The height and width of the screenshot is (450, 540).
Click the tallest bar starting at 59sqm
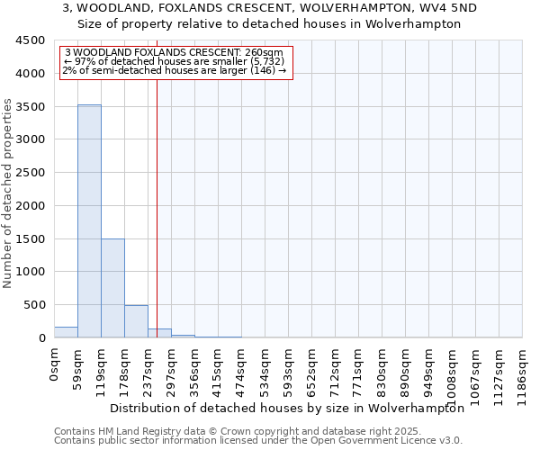[x=89, y=220]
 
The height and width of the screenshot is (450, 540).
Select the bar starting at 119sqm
[x=112, y=288]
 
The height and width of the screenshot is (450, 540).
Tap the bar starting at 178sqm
[x=136, y=321]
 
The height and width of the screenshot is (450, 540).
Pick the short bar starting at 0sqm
[x=66, y=332]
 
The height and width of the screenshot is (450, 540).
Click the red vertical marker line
[x=157, y=198]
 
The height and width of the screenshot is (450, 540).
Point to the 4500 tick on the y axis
[x=31, y=40]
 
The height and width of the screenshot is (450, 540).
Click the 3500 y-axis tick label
[x=31, y=106]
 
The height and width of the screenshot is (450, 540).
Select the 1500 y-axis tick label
[x=31, y=238]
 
